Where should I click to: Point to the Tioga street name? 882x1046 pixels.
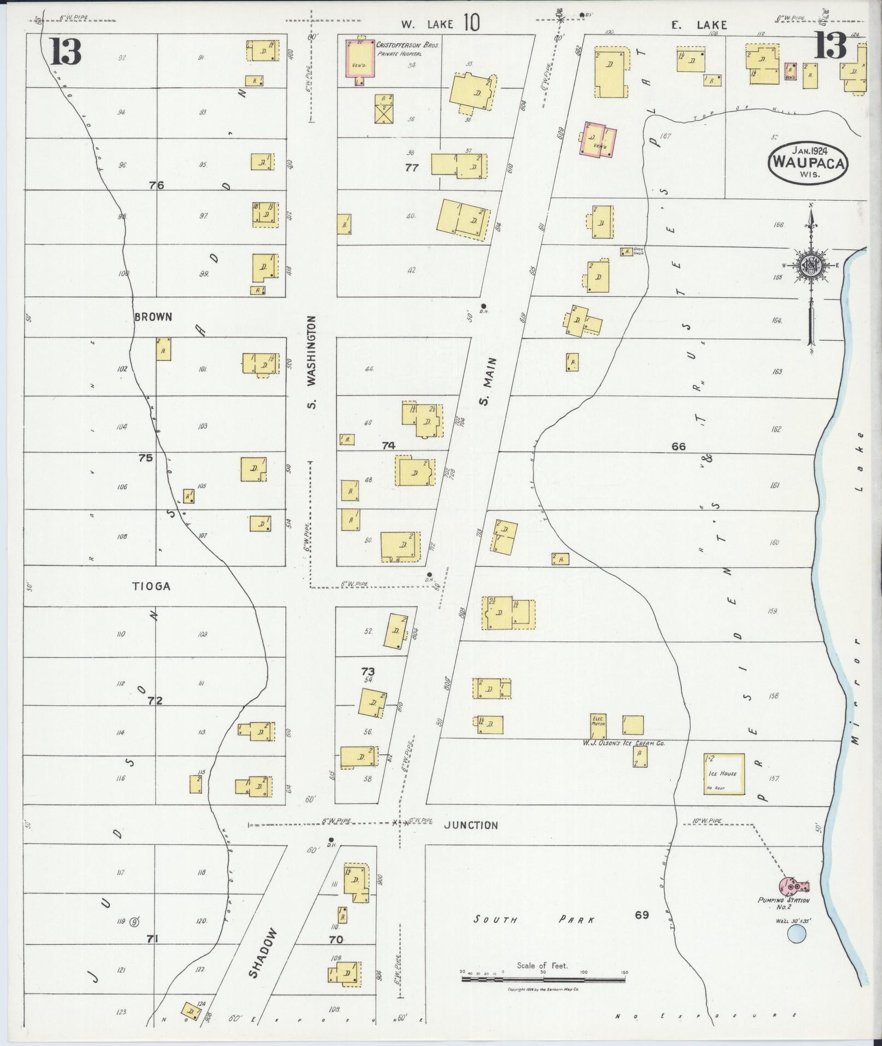click(151, 586)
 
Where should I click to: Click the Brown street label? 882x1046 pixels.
click(153, 317)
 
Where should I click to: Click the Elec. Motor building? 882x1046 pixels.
click(599, 724)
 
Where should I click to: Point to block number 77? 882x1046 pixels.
click(411, 168)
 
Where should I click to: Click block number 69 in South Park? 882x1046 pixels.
click(642, 914)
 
